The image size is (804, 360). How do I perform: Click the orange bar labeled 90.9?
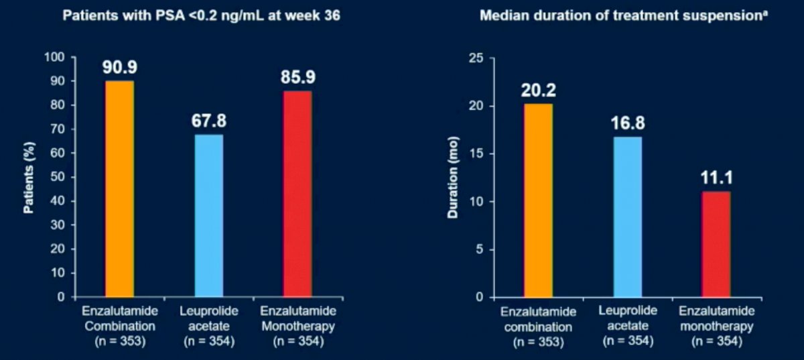point(119,189)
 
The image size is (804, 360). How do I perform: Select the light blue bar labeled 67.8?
point(209,216)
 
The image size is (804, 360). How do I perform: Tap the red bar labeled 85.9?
point(297,194)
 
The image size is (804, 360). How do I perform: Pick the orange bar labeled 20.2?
point(538,200)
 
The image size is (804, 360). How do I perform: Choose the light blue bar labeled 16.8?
point(627,217)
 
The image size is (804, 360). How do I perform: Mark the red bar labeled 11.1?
point(716,244)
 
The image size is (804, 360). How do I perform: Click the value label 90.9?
point(120,67)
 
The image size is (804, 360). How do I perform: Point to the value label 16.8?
point(628,123)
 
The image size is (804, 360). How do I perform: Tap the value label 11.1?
point(717,178)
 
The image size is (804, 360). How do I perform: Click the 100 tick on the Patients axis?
point(54,57)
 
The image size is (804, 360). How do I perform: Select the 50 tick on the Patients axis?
point(58,177)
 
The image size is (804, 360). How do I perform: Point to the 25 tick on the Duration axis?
point(476,58)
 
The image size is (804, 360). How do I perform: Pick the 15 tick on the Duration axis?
point(476,154)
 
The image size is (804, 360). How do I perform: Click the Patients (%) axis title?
point(29,178)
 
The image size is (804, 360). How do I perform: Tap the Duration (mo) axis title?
point(453,178)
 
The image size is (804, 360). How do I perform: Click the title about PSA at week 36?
point(202,16)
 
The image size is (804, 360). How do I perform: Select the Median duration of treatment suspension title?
point(621,16)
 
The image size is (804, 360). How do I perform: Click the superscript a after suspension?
point(765,13)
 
